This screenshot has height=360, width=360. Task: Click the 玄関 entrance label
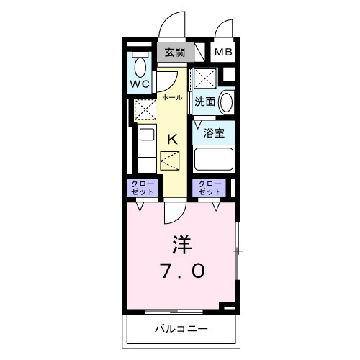tap(174, 52)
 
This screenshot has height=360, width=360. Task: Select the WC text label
tap(140, 84)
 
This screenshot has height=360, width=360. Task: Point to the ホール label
tap(171, 96)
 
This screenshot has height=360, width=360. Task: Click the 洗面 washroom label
tap(205, 102)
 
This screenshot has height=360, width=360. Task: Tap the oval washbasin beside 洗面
tap(226, 102)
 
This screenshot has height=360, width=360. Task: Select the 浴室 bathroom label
tap(213, 132)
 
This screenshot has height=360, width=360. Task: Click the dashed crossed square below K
tap(171, 161)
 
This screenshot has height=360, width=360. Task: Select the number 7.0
tap(184, 271)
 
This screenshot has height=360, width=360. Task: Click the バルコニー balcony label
tap(181, 330)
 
